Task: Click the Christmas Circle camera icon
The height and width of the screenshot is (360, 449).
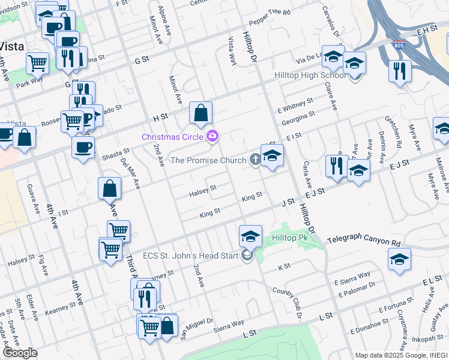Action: [x=211, y=137]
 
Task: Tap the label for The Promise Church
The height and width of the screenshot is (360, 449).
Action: [x=208, y=160]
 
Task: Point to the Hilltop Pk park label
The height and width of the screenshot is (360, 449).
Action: [x=289, y=238]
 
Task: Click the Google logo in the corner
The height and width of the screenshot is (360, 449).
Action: [x=20, y=352]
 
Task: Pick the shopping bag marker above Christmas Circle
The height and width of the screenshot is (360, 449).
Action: [x=200, y=112]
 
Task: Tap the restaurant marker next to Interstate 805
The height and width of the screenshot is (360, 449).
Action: [x=399, y=71]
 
